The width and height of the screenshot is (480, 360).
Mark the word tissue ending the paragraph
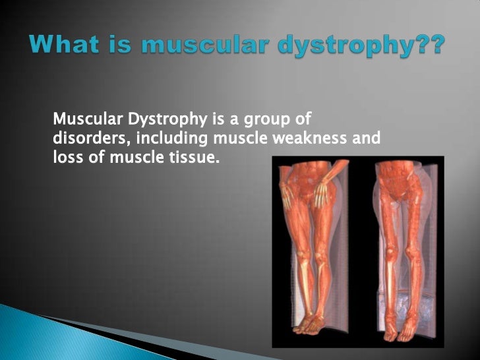click(x=195, y=158)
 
